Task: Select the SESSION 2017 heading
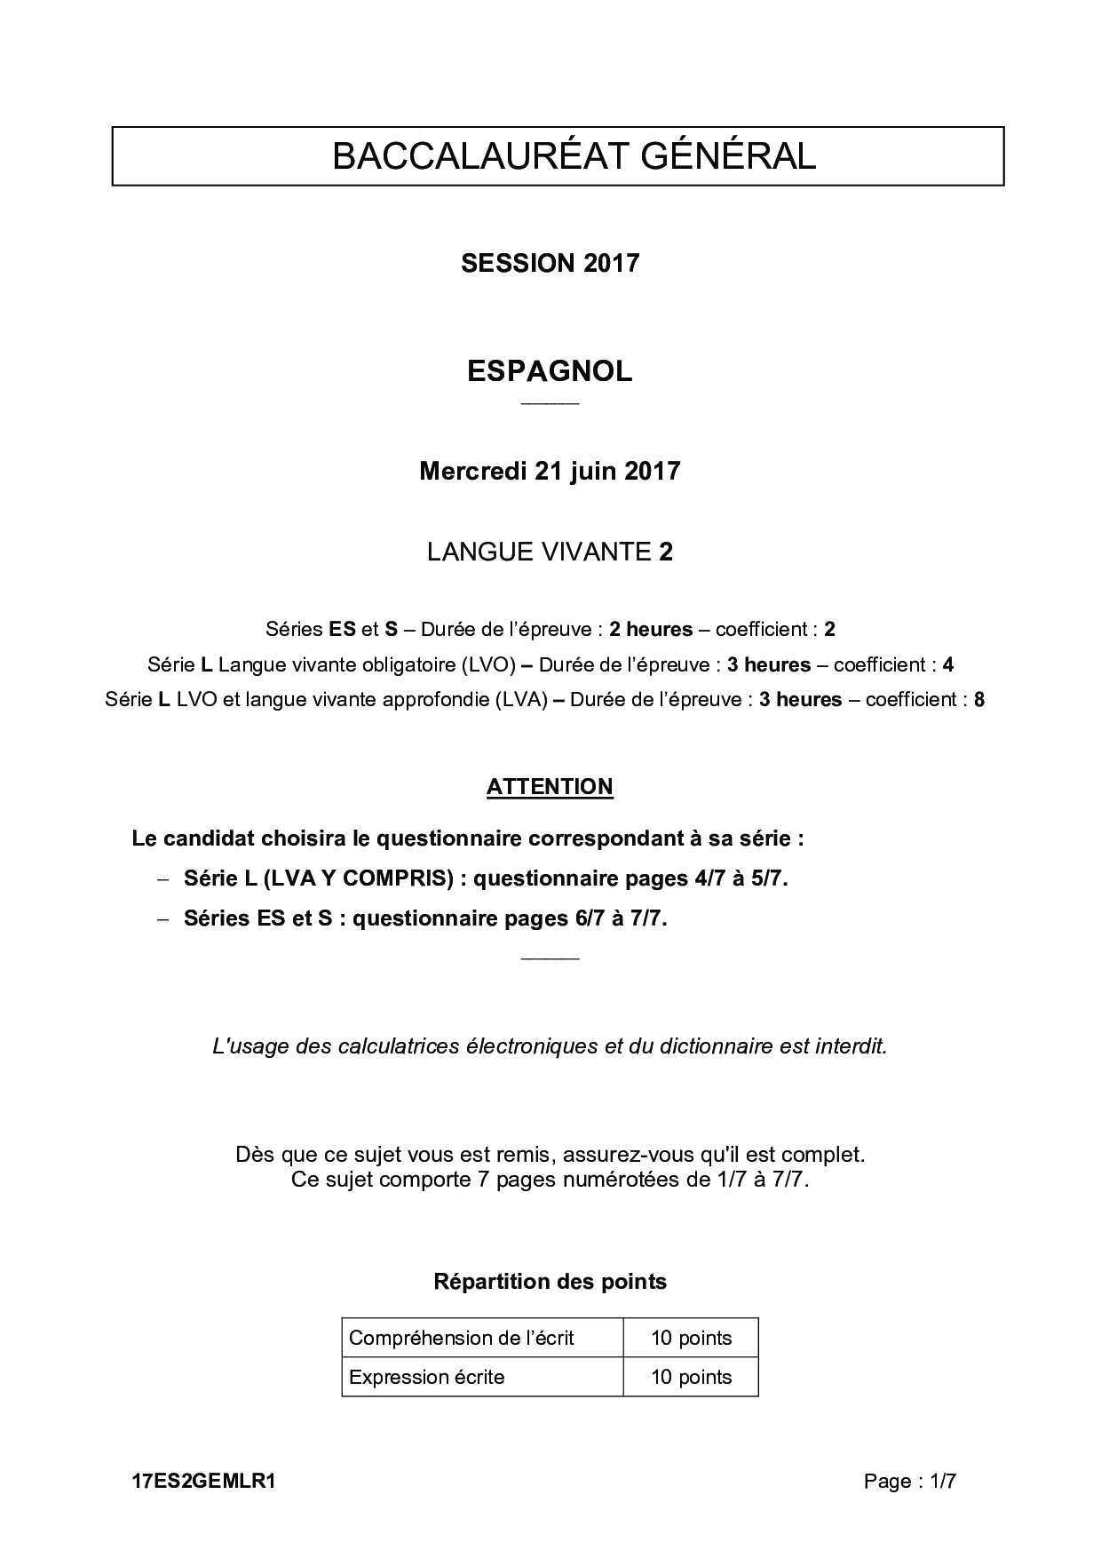550,263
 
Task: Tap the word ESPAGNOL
550,371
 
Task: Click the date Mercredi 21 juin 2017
550,471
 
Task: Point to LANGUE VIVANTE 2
550,552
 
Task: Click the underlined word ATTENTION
550,787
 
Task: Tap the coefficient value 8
979,699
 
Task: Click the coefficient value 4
948,664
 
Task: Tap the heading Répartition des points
550,1282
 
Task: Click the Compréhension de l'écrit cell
462,1338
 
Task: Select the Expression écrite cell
427,1377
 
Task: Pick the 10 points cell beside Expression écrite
691,1377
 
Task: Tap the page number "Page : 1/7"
910,1481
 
